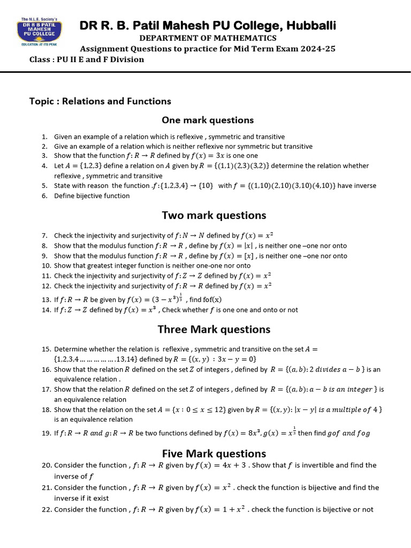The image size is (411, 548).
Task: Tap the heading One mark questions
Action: [x=208, y=120]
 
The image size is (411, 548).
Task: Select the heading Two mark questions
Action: [x=214, y=215]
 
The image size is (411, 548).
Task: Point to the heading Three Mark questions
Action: [x=214, y=329]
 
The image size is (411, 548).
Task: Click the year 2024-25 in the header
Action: [x=317, y=49]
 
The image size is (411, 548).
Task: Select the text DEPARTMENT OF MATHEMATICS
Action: [x=208, y=38]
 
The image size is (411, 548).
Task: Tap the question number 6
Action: [x=44, y=196]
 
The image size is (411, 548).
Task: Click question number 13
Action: [x=45, y=300]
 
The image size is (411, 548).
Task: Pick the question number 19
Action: [x=45, y=433]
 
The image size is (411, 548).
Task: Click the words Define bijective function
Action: [x=92, y=196]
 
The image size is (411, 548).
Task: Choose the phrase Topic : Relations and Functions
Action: [x=100, y=101]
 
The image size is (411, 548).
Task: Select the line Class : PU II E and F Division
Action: [x=87, y=59]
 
